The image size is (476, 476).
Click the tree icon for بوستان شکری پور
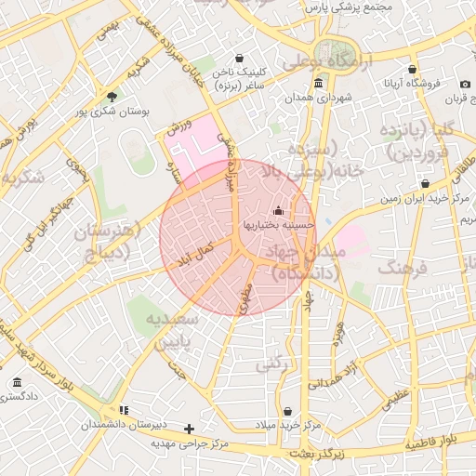[x=112, y=96]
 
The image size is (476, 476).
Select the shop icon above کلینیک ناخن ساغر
[x=240, y=58]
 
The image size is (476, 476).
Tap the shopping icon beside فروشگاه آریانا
[x=412, y=69]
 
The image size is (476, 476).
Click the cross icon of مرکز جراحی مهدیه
[x=190, y=429]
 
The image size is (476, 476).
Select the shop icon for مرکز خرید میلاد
[x=287, y=411]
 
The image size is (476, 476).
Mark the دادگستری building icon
[x=18, y=383]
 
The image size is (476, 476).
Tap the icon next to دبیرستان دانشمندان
[x=124, y=410]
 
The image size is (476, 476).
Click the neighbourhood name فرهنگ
[x=403, y=268]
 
